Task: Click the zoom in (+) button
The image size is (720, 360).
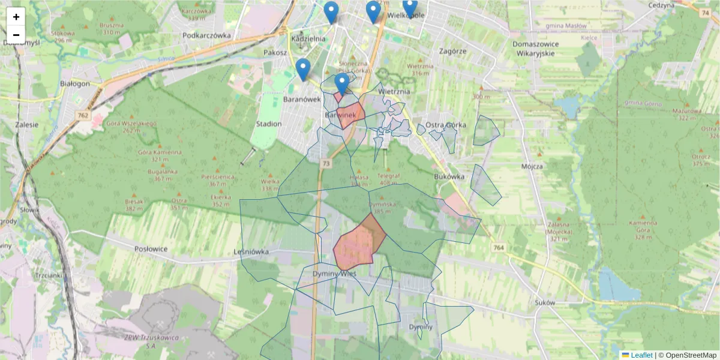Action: click(16, 17)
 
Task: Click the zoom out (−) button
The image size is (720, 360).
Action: click(16, 35)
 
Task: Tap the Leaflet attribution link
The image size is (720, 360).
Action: click(641, 355)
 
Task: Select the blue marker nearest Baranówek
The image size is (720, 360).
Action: click(303, 69)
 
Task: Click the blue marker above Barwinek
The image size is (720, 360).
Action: click(341, 83)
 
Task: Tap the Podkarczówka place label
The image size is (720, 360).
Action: click(207, 35)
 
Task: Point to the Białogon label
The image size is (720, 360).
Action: click(75, 83)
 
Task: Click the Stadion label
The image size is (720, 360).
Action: click(268, 124)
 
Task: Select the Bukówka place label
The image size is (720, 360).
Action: click(449, 177)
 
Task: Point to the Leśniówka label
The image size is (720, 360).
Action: click(251, 252)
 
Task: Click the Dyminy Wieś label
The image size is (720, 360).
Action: click(335, 274)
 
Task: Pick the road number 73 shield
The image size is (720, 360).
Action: click(326, 163)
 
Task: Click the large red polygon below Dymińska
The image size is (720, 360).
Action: click(359, 243)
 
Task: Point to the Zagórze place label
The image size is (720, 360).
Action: click(452, 51)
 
